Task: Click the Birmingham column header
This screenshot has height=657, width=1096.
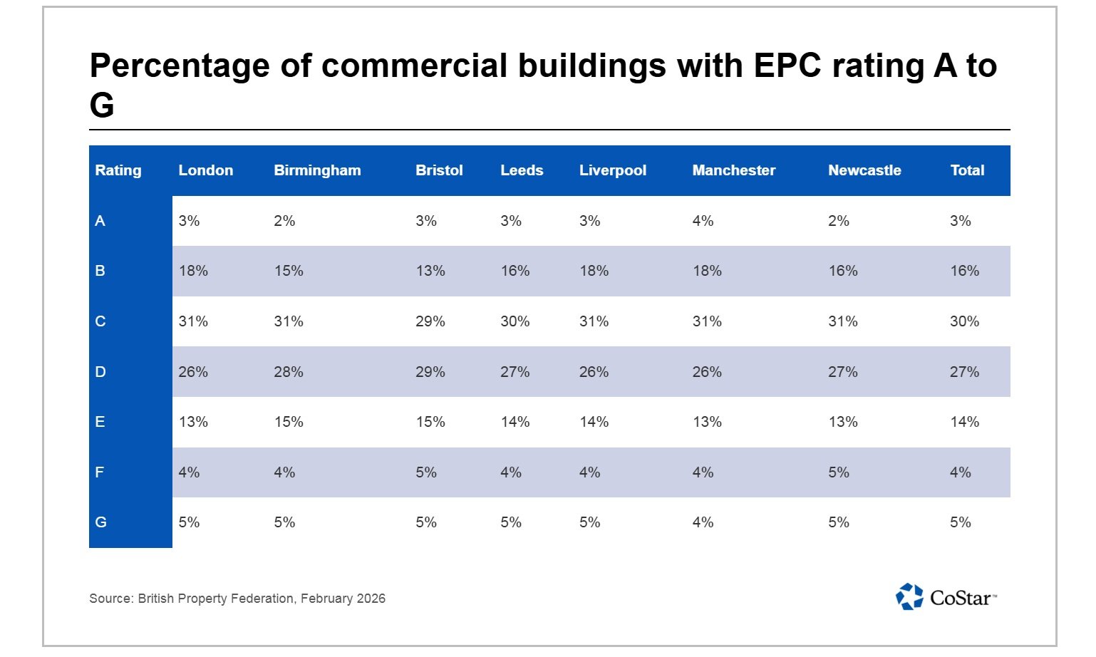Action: click(317, 170)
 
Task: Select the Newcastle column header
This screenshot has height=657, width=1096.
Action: click(864, 170)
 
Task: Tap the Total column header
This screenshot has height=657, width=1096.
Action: click(966, 170)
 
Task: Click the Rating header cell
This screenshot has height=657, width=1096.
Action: click(118, 170)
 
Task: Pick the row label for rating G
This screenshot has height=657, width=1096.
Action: click(100, 522)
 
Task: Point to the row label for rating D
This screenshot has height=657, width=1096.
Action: click(100, 372)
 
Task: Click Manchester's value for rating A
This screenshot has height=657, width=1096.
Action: click(703, 221)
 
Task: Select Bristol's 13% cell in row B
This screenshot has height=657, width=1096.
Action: click(430, 271)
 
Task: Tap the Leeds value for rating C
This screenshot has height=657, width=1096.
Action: click(515, 321)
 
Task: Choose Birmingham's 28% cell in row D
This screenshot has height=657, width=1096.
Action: click(289, 372)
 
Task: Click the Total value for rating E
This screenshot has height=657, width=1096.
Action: click(964, 422)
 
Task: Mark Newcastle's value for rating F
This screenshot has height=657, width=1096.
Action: click(838, 472)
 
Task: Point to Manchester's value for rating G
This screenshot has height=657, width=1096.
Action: click(703, 522)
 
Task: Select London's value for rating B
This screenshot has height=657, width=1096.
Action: click(193, 271)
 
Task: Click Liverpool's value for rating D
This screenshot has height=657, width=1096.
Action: click(594, 372)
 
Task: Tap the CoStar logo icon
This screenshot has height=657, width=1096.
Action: click(909, 597)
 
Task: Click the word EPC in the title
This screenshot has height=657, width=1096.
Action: click(787, 66)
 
